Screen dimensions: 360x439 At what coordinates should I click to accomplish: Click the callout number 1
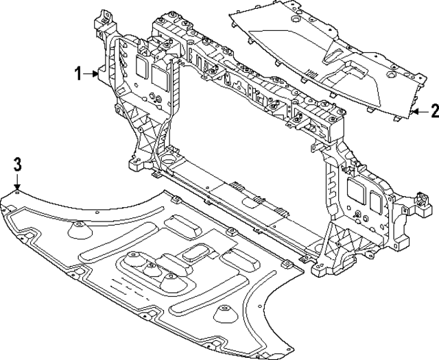pos(78,73)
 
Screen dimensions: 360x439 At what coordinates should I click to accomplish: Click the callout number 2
pos(433,110)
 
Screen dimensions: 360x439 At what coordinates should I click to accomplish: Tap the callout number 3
pos(18,164)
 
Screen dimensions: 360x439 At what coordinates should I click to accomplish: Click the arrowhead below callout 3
pos(18,183)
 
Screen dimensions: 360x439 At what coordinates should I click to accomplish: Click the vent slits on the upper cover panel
pos(311,75)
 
